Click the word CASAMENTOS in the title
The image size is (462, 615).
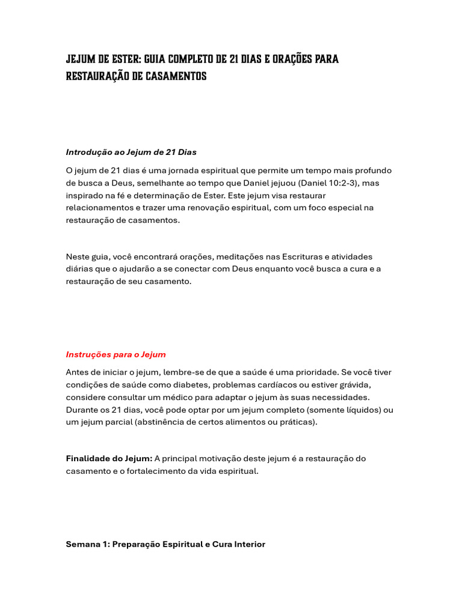pyautogui.click(x=176, y=77)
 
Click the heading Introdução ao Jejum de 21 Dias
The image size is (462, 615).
pyautogui.click(x=131, y=152)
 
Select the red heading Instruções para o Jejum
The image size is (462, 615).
pyautogui.click(x=115, y=354)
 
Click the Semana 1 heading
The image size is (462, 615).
pyautogui.click(x=165, y=544)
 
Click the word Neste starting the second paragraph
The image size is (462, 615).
pyautogui.click(x=78, y=256)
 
